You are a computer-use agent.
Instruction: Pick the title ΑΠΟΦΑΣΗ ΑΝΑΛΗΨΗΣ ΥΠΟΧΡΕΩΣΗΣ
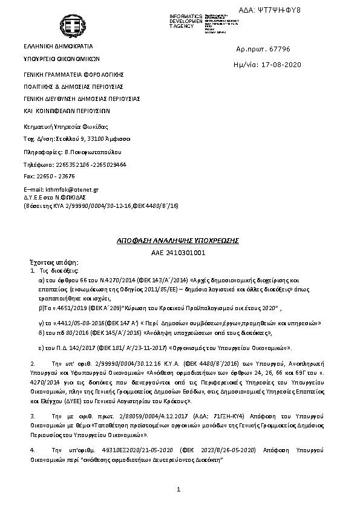178,241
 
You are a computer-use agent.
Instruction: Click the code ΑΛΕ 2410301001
178,252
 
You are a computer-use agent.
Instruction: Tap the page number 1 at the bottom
179,488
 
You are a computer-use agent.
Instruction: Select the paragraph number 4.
32,451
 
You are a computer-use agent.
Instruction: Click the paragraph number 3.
32,417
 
